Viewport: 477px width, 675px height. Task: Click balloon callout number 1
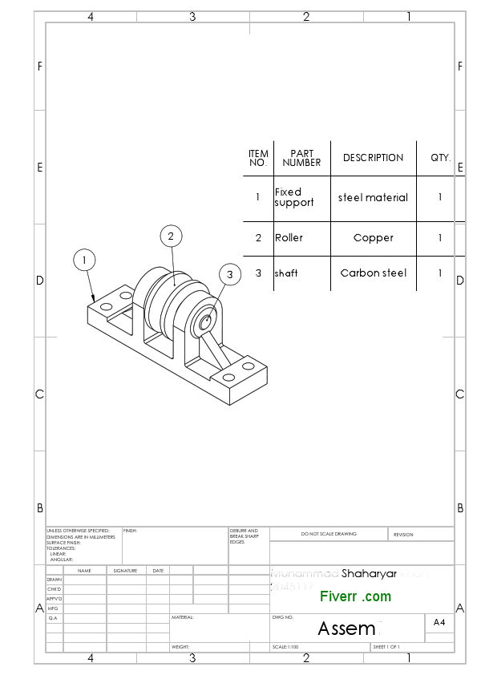pos(85,260)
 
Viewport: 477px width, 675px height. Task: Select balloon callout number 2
pos(171,236)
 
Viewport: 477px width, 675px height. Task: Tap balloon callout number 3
pos(229,275)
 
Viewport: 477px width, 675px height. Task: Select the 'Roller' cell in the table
pos(289,238)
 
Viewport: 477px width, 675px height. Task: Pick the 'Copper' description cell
pos(374,238)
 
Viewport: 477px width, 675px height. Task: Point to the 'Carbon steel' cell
pos(374,273)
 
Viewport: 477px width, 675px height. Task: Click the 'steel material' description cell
pos(374,197)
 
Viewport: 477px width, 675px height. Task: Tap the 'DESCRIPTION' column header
pos(374,158)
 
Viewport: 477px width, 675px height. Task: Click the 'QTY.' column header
pos(440,158)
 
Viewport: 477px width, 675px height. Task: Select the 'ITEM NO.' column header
pos(258,158)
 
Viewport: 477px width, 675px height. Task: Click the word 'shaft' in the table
pos(286,273)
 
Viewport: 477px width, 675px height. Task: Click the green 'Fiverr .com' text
pos(355,596)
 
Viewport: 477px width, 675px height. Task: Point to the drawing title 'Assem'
pos(346,629)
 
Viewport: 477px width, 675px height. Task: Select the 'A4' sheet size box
pos(439,622)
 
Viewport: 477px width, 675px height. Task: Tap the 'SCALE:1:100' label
pos(285,647)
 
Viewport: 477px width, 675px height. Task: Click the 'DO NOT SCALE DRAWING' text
pos(329,534)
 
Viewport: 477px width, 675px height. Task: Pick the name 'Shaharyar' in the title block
pos(369,574)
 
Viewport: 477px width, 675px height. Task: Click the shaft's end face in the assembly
pos(205,321)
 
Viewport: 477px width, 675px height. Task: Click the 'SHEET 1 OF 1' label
pos(386,647)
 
